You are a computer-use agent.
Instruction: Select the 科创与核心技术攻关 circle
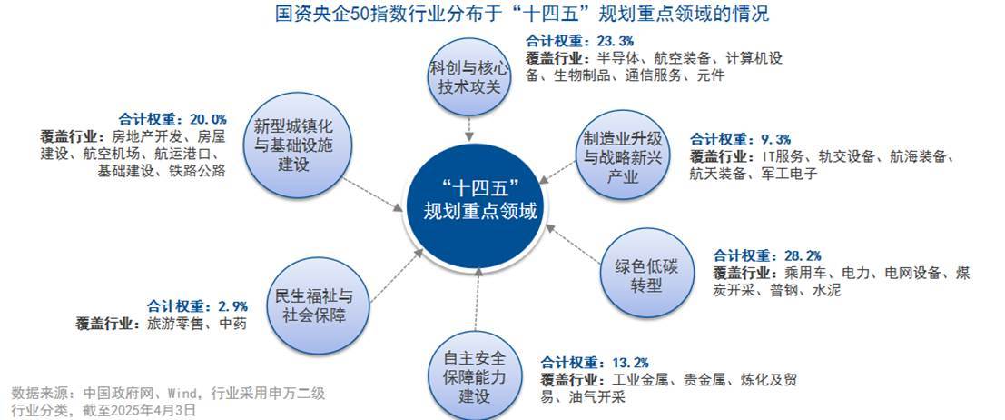(x=469, y=77)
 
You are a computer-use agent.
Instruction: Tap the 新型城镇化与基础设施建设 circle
(x=300, y=145)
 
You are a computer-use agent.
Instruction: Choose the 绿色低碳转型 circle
(x=647, y=275)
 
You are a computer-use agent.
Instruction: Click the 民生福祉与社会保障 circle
(x=318, y=305)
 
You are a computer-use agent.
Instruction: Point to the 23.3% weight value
(x=615, y=42)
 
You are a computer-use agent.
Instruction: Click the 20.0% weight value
(x=208, y=119)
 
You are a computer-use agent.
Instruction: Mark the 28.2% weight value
(x=803, y=255)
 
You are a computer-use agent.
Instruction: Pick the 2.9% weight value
(x=232, y=306)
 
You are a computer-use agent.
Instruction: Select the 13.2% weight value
(x=631, y=362)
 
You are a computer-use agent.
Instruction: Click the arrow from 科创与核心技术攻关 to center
(x=469, y=129)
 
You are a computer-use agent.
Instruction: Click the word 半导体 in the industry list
(x=616, y=58)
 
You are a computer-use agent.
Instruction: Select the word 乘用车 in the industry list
(x=795, y=273)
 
